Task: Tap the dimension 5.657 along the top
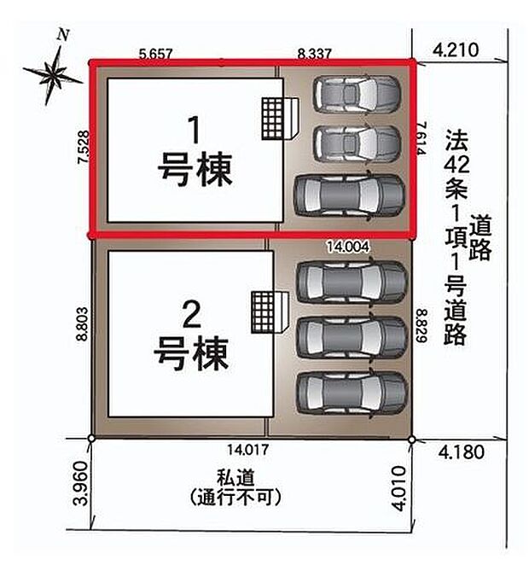[x=156, y=53]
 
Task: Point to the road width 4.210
[x=451, y=51]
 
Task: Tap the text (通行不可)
[x=237, y=496]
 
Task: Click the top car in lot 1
[x=356, y=94]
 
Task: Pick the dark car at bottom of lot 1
[x=348, y=195]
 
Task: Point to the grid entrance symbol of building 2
[x=265, y=311]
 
